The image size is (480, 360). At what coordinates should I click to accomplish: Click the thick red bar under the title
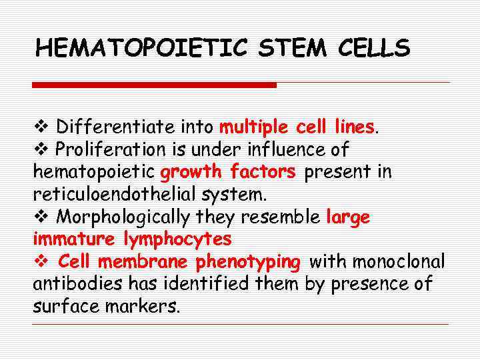[x=154, y=85]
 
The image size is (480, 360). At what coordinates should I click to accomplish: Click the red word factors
[x=263, y=172]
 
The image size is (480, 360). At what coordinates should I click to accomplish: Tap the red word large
[x=348, y=217]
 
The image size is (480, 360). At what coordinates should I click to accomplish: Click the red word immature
[x=75, y=239]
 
